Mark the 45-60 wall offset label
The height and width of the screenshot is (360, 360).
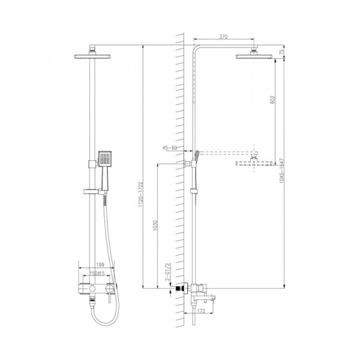tap(170, 147)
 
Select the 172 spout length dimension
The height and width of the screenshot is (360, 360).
tap(201, 311)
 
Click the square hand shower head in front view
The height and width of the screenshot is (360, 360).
tap(104, 159)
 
